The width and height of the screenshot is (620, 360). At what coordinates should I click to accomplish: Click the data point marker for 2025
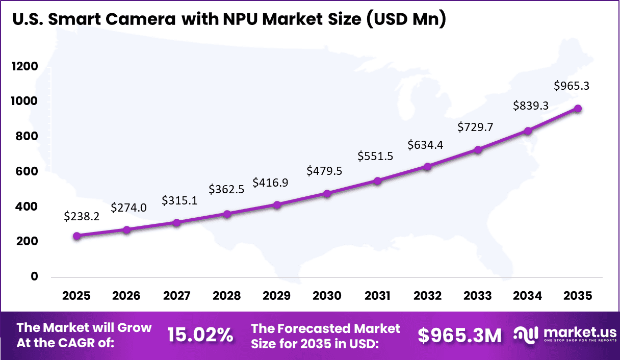[76, 236]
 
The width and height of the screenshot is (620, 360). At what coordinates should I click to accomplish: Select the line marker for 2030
[327, 194]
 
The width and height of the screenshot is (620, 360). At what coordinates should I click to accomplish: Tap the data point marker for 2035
[578, 109]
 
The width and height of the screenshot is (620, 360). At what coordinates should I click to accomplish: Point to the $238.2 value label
[82, 216]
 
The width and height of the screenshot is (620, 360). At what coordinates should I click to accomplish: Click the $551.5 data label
[375, 156]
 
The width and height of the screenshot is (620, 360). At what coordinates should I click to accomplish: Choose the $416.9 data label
[271, 183]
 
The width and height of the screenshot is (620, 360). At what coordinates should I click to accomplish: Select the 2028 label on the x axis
[226, 296]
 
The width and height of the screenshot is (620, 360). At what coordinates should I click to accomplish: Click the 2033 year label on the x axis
[478, 296]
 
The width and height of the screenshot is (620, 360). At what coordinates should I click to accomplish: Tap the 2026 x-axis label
[126, 296]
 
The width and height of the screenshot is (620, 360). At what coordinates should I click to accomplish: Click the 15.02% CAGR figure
[200, 335]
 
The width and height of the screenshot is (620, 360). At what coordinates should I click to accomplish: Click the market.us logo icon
[526, 334]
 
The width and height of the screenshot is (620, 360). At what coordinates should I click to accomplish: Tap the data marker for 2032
[428, 167]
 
